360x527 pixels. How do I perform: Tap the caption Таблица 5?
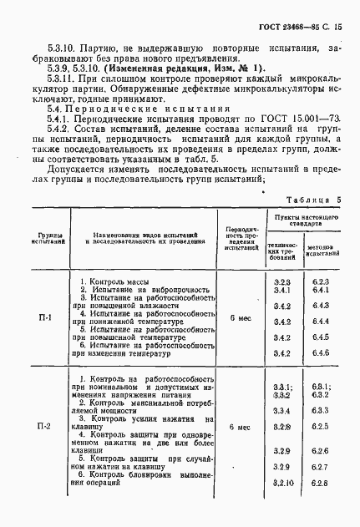(314, 201)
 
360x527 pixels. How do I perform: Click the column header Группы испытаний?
(44, 241)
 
